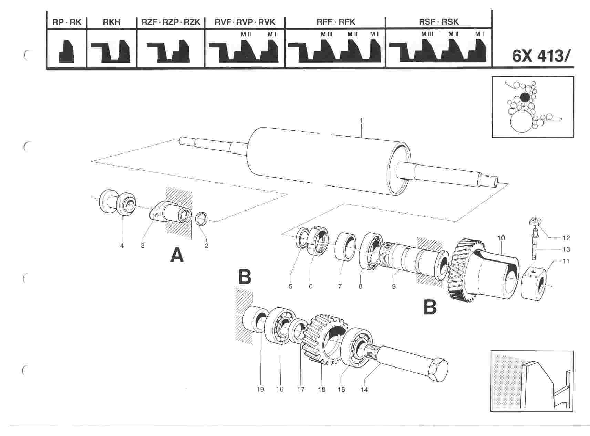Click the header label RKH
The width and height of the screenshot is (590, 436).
(x=112, y=22)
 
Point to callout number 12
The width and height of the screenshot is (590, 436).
(x=566, y=238)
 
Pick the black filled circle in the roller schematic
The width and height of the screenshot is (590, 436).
(x=525, y=97)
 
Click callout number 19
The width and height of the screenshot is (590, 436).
(x=260, y=389)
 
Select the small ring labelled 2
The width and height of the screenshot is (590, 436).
(x=201, y=219)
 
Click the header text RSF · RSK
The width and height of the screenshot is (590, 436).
(x=438, y=22)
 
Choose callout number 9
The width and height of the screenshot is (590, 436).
(x=393, y=286)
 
